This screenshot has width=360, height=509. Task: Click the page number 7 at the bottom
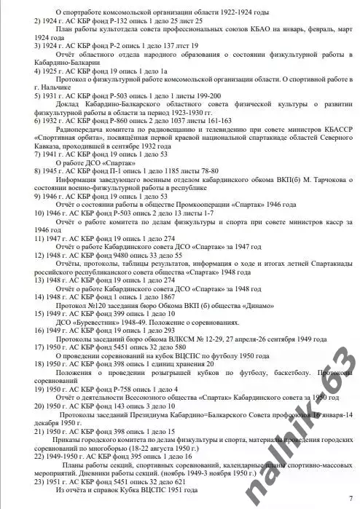(351, 498)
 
